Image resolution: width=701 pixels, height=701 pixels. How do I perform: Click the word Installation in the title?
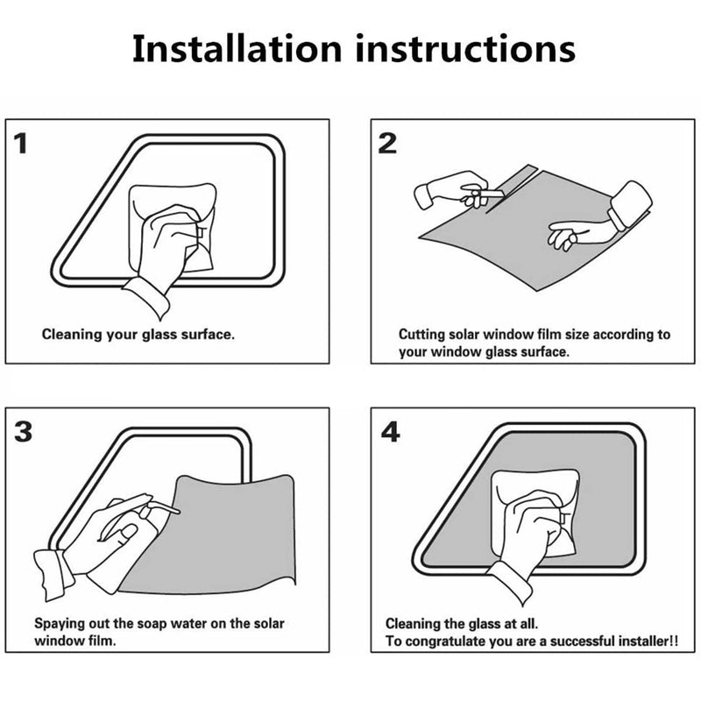point(237,48)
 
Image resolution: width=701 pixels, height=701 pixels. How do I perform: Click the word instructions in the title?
point(465,48)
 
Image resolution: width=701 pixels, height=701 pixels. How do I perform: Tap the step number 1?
point(20,144)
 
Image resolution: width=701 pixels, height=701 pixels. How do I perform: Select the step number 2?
point(387,144)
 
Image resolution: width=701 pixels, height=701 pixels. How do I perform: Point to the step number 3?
point(24,432)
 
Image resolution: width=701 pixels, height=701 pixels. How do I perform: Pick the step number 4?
point(390,432)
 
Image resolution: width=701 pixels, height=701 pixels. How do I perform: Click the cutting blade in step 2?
point(491,193)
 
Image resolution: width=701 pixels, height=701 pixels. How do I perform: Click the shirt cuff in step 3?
point(53,574)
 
